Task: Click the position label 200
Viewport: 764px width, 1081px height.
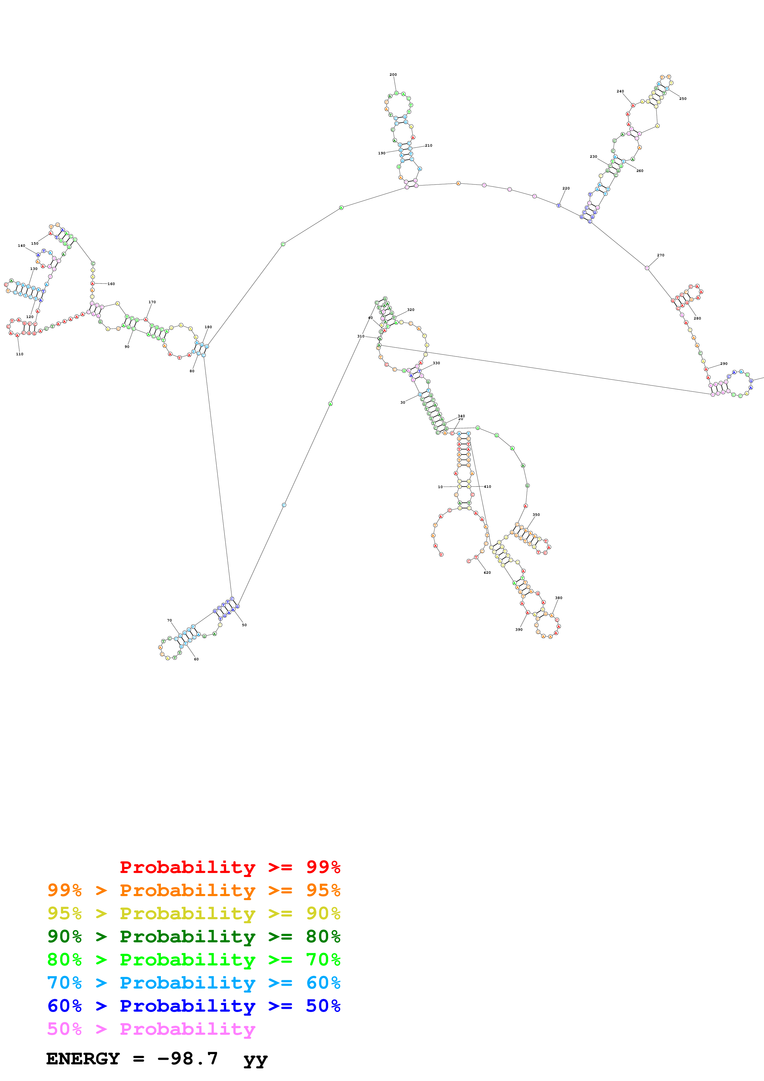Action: tap(393, 74)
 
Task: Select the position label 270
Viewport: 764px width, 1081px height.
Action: tap(660, 255)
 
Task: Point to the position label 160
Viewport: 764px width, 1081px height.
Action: tap(111, 284)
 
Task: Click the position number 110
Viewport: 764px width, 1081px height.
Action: tap(19, 354)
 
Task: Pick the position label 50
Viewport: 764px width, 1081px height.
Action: tap(244, 625)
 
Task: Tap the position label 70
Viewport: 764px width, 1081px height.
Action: tap(170, 621)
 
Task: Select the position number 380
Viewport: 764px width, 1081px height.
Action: tap(558, 598)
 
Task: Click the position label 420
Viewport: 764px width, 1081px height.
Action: tap(487, 573)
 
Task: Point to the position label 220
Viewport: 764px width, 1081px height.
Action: tap(566, 188)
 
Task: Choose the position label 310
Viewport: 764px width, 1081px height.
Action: tap(361, 336)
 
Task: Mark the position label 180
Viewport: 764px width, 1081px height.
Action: tap(208, 327)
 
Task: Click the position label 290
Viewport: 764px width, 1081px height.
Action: tap(724, 364)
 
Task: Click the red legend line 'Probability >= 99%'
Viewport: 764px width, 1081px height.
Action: tap(230, 867)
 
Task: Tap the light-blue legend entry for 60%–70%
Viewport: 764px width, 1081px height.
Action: tap(194, 983)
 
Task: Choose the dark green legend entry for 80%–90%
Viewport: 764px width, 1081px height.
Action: tap(194, 936)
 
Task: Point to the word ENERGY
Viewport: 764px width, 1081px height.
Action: tap(83, 1059)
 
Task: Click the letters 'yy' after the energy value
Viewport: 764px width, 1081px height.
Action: tap(255, 1059)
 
